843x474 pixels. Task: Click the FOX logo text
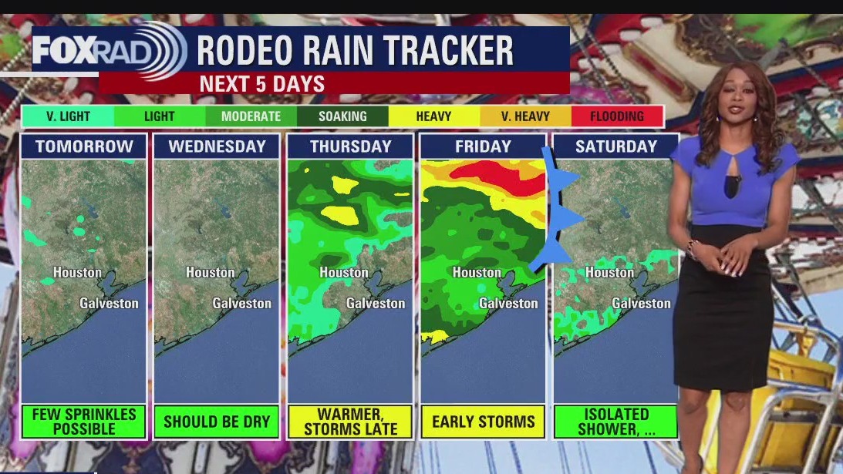(63, 51)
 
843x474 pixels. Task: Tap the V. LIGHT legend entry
(68, 116)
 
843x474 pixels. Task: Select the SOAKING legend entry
(342, 116)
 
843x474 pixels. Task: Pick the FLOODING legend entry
(616, 116)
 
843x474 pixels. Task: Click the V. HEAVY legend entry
(526, 116)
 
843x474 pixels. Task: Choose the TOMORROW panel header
(84, 146)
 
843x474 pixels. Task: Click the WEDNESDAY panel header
(217, 146)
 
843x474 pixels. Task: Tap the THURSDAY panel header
(350, 146)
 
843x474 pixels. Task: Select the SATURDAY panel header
(615, 146)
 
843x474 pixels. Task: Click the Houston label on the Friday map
(477, 272)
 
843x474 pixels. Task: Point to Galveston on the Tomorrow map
(109, 303)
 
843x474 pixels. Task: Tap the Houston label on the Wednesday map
(210, 272)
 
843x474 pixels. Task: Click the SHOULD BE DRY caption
(217, 422)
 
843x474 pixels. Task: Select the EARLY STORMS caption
(483, 422)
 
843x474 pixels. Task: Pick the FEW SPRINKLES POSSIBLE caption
(84, 422)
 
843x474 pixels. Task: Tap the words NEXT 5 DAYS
(262, 84)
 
